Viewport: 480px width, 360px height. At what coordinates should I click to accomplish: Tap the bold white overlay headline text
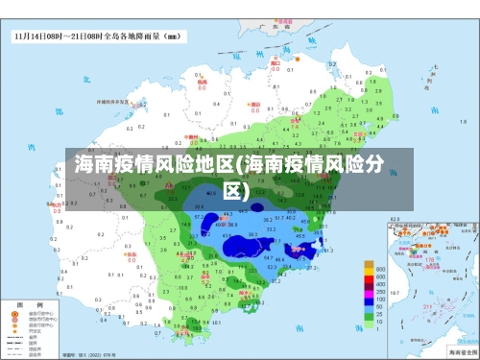point(231,177)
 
